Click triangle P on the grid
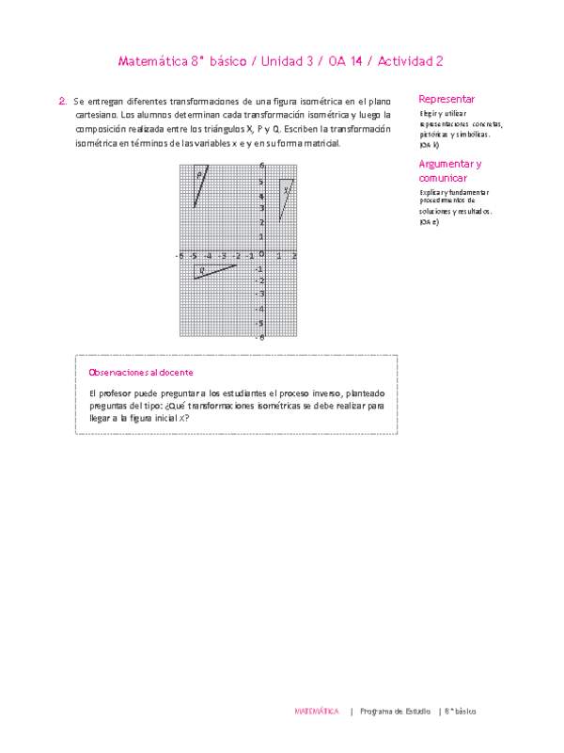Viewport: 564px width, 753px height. (x=198, y=181)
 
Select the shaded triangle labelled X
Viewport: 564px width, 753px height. (x=285, y=192)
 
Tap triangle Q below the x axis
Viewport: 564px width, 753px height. (x=207, y=271)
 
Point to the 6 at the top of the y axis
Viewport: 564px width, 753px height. (x=261, y=167)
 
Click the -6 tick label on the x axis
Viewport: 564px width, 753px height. (x=179, y=255)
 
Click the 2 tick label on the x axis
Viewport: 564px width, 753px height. (x=294, y=255)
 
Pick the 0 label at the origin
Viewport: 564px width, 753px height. (x=262, y=254)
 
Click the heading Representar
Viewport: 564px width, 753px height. (x=446, y=99)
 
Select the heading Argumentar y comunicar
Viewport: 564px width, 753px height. (x=450, y=170)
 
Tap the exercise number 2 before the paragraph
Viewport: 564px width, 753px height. (x=61, y=100)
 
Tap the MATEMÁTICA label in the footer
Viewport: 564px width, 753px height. (x=317, y=712)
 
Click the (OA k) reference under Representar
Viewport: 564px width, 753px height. (x=430, y=145)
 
